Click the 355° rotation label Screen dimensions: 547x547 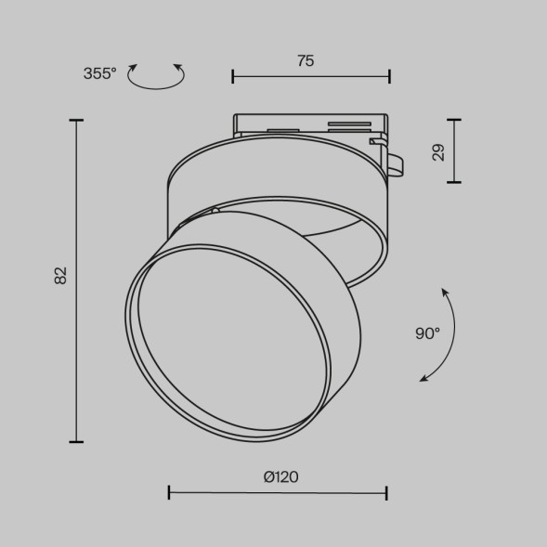[99, 74]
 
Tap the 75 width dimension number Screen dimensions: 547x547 [306, 61]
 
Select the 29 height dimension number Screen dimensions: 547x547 [438, 151]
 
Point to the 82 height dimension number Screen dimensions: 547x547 [61, 275]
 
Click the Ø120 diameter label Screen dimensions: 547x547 [280, 477]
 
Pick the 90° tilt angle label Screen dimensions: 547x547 [427, 333]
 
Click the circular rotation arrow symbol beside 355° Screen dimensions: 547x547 [155, 76]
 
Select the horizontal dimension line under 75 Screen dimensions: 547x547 [310, 76]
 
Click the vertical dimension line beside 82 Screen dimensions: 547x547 [76, 279]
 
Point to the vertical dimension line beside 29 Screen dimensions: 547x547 [453, 150]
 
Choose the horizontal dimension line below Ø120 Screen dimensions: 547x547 [278, 492]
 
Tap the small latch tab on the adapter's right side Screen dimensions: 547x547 [394, 162]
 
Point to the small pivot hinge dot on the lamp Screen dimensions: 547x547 [215, 211]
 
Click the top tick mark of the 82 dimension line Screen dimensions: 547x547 [76, 121]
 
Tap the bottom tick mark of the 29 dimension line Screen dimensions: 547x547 [453, 182]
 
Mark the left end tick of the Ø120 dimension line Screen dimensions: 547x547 [169, 492]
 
